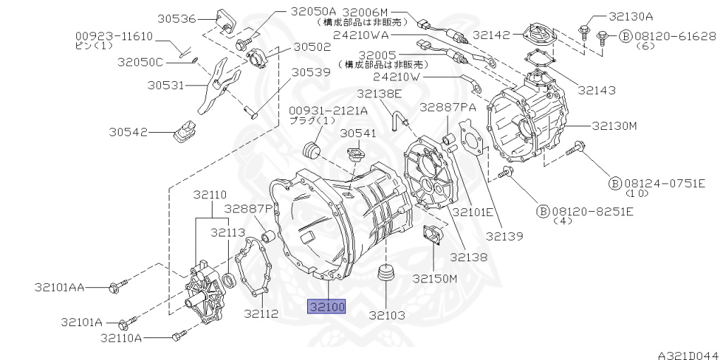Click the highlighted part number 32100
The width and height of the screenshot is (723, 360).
[x=325, y=306]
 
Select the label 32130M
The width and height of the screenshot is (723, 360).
[x=614, y=126]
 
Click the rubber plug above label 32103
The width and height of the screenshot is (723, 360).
[x=386, y=273]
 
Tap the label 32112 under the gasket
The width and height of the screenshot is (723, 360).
[x=261, y=313]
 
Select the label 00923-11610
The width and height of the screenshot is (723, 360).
[x=114, y=35]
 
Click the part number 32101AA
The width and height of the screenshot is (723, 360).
[x=59, y=287]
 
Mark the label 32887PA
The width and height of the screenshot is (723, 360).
[x=448, y=107]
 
